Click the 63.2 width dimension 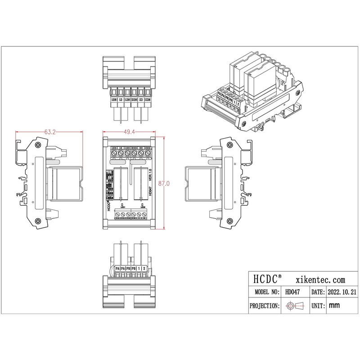pyautogui.click(x=49, y=132)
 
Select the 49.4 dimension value pyautogui.click(x=129, y=132)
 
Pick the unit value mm pyautogui.click(x=334, y=306)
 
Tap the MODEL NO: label pyautogui.click(x=265, y=292)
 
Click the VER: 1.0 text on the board pyautogui.click(x=150, y=173)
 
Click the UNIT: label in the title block pyautogui.click(x=318, y=306)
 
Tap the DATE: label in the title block pyautogui.click(x=318, y=292)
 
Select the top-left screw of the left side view pyautogui.click(x=38, y=144)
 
